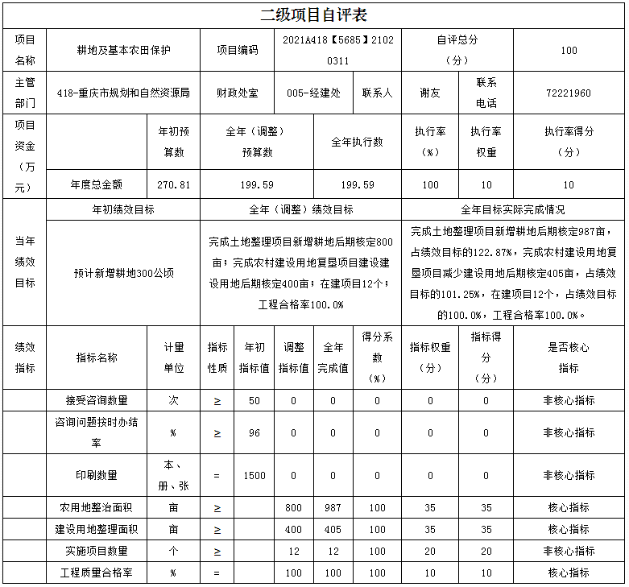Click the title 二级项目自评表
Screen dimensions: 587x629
click(314, 15)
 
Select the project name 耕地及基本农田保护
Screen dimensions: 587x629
click(124, 50)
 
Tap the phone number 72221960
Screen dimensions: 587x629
click(568, 93)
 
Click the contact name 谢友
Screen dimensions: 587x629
click(430, 93)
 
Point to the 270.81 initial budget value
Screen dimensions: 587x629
click(173, 184)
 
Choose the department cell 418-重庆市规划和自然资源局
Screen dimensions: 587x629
click(124, 93)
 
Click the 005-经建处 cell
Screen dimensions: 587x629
click(313, 93)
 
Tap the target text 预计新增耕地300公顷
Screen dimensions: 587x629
click(124, 273)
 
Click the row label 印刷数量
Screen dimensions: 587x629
click(97, 475)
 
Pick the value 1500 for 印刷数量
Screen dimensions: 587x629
click(254, 475)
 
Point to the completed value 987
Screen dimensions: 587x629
click(333, 508)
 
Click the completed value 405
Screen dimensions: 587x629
click(333, 530)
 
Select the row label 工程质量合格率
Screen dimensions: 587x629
click(97, 573)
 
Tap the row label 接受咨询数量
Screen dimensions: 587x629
click(97, 400)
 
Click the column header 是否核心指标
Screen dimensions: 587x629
click(568, 358)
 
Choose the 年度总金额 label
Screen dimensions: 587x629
click(97, 184)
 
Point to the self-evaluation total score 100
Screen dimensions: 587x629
click(568, 50)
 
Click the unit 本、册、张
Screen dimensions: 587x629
click(173, 475)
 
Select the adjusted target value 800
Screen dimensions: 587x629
click(293, 508)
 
